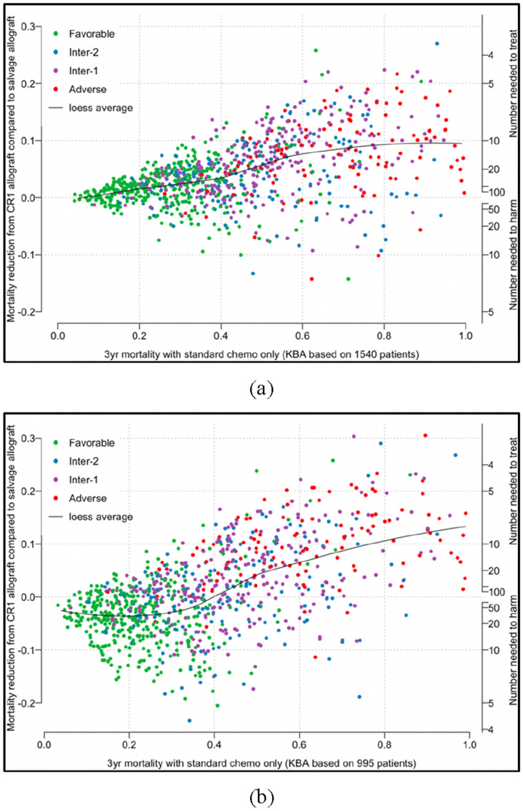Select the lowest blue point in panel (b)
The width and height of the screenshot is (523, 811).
point(189,720)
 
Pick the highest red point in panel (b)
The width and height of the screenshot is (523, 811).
point(425,435)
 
